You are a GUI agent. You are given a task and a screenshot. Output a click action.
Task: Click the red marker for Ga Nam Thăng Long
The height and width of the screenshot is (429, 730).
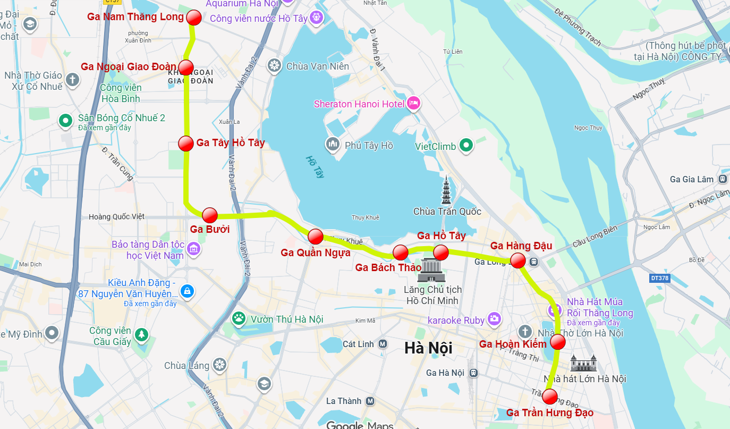tap(194, 18)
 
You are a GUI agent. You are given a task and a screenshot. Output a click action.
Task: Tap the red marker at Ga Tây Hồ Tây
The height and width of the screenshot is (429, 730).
tap(186, 144)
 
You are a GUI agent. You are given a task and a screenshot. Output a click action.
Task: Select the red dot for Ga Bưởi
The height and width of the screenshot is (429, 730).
tap(210, 215)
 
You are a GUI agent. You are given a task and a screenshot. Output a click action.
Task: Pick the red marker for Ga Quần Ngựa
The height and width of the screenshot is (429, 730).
tap(316, 237)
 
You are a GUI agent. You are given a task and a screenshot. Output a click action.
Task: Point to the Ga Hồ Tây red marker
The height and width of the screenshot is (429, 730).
tap(441, 252)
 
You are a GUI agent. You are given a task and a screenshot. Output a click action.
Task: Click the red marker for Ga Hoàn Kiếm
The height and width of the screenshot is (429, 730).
tap(557, 342)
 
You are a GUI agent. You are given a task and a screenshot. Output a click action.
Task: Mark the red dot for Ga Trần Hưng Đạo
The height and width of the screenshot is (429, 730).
tap(550, 397)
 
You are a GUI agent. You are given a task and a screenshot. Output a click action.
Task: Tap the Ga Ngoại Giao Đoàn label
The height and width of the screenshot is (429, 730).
tap(128, 66)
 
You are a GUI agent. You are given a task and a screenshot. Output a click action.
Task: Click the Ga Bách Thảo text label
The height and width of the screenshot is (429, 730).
tap(388, 267)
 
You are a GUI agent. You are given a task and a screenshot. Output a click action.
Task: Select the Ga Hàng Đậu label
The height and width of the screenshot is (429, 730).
tap(521, 246)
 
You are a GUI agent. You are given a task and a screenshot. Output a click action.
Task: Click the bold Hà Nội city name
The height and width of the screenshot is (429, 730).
tap(428, 348)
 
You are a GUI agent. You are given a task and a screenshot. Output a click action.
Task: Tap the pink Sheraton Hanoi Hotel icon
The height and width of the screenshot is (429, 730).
tap(413, 104)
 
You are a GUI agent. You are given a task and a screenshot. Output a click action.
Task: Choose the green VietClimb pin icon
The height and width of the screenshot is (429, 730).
tap(466, 145)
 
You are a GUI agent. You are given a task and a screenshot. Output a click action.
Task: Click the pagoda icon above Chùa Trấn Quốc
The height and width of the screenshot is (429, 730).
tap(446, 191)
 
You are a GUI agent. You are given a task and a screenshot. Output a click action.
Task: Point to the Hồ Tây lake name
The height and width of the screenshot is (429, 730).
tap(315, 166)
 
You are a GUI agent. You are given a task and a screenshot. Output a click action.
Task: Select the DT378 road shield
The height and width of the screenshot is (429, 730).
tap(659, 278)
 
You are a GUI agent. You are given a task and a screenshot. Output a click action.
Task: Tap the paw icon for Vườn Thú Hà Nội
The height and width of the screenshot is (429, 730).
tap(239, 319)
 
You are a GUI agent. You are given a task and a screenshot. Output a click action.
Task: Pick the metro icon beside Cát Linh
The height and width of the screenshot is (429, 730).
tap(383, 344)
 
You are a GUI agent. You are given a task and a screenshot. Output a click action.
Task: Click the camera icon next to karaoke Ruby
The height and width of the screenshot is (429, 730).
tap(495, 319)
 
